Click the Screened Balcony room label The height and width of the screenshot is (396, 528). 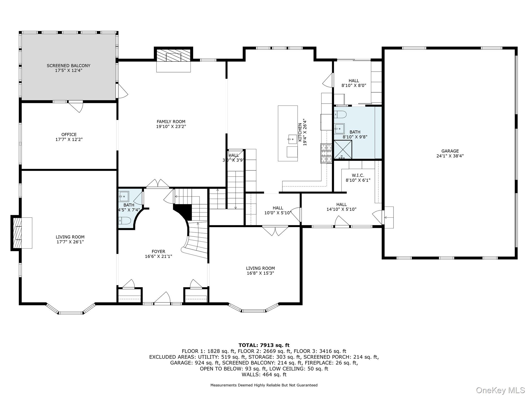[x=69, y=66]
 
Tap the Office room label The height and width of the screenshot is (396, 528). [x=69, y=135]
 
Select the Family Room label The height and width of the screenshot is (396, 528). [x=171, y=122]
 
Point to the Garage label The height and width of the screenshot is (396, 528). [x=450, y=151]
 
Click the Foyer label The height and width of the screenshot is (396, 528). [x=159, y=252]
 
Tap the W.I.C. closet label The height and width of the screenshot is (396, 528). [x=358, y=175]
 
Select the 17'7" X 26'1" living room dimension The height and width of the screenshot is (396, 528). [x=70, y=242]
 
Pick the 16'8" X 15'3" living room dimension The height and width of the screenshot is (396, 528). [x=260, y=273]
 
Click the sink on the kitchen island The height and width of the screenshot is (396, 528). [x=292, y=139]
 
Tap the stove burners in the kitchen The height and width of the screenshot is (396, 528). [x=326, y=153]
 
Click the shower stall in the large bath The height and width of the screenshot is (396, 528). [x=343, y=150]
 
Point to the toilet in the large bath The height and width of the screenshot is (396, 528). [x=340, y=114]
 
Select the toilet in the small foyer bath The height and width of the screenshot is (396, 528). [x=125, y=221]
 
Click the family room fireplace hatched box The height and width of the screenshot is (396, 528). [x=174, y=55]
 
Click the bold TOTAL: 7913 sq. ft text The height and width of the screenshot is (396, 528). [x=264, y=345]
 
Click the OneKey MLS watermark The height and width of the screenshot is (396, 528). [x=500, y=390]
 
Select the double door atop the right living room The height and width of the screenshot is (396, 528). [x=275, y=230]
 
